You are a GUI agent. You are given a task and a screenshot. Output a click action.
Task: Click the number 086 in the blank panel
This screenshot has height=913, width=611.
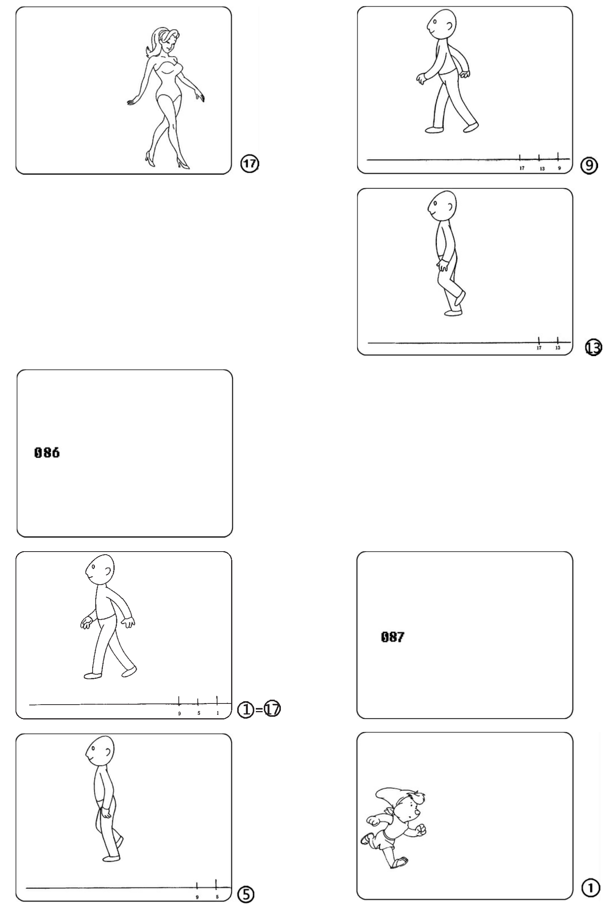click(x=47, y=453)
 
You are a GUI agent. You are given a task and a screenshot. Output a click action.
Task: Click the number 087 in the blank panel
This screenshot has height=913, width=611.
click(x=392, y=637)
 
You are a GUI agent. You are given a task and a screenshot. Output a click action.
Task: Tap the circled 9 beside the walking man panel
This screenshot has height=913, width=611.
click(x=589, y=166)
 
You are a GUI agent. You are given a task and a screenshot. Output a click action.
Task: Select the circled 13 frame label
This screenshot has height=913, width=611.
click(x=594, y=347)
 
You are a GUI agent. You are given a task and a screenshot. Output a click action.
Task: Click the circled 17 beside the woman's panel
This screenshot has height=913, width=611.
click(x=249, y=164)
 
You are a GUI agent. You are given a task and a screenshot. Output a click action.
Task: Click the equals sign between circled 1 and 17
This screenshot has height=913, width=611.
click(x=259, y=710)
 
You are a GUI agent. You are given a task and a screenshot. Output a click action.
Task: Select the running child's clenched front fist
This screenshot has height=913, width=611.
click(x=421, y=830)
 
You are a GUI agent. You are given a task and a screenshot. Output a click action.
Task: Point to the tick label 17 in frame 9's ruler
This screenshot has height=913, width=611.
click(x=522, y=168)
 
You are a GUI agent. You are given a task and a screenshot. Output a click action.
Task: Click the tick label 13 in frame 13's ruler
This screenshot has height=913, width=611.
click(x=558, y=347)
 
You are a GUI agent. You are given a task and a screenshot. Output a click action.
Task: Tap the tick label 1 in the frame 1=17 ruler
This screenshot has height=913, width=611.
click(x=218, y=713)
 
